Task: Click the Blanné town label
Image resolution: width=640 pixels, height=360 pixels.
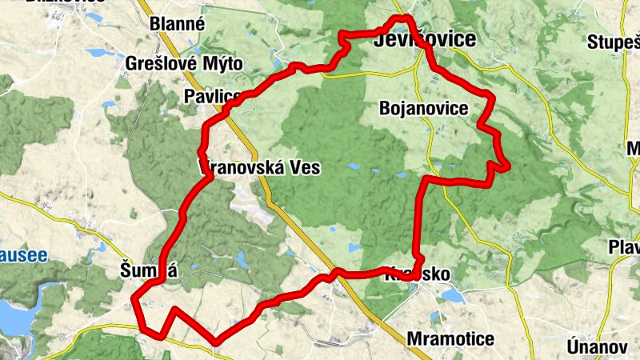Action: click(178, 24)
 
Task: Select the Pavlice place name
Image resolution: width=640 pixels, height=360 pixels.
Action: click(211, 97)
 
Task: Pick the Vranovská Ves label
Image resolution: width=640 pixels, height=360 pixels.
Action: click(258, 168)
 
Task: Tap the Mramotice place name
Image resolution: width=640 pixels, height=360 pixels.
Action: click(450, 338)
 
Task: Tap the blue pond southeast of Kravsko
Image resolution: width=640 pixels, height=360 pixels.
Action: click(453, 297)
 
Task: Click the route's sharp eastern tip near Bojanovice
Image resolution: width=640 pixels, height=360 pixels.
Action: click(507, 166)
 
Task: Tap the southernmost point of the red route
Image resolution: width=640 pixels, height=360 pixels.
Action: click(216, 342)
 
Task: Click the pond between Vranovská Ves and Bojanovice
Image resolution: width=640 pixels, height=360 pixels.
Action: click(354, 167)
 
